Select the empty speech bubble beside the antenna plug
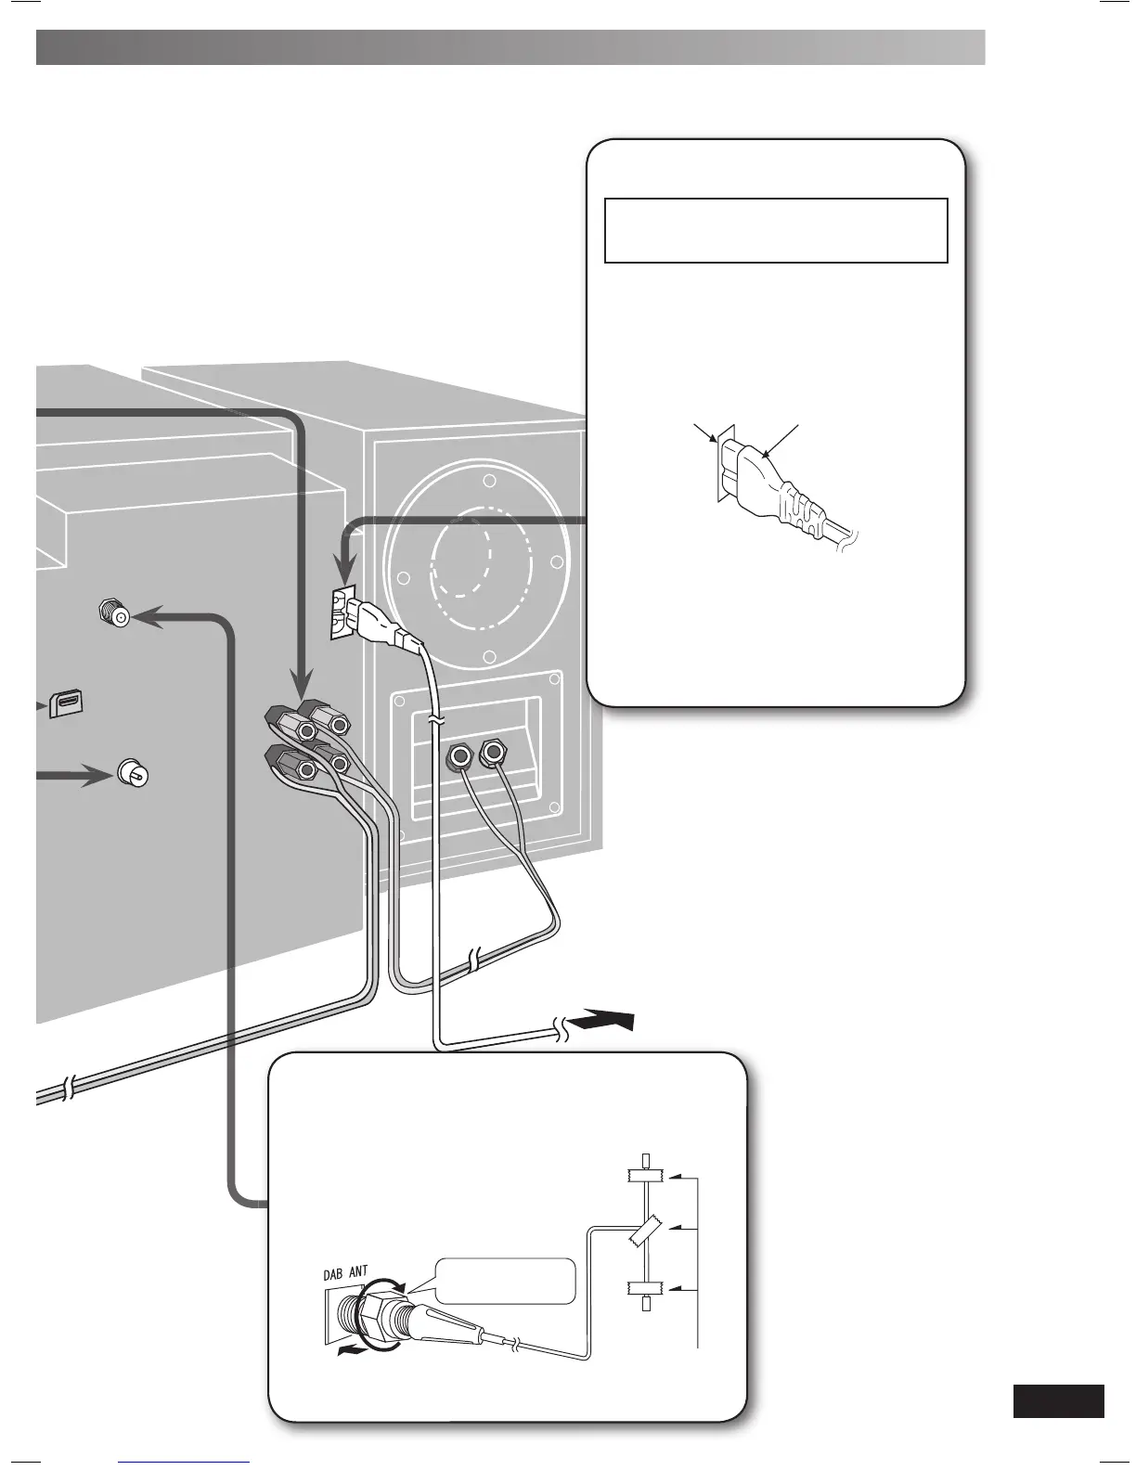tap(505, 1282)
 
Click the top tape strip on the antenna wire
tap(646, 1175)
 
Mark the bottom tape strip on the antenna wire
tap(646, 1287)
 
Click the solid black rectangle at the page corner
tap(1058, 1401)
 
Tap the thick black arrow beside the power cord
tap(604, 1021)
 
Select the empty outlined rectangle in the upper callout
tap(776, 230)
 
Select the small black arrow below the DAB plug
tap(351, 1352)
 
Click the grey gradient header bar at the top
tap(510, 47)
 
